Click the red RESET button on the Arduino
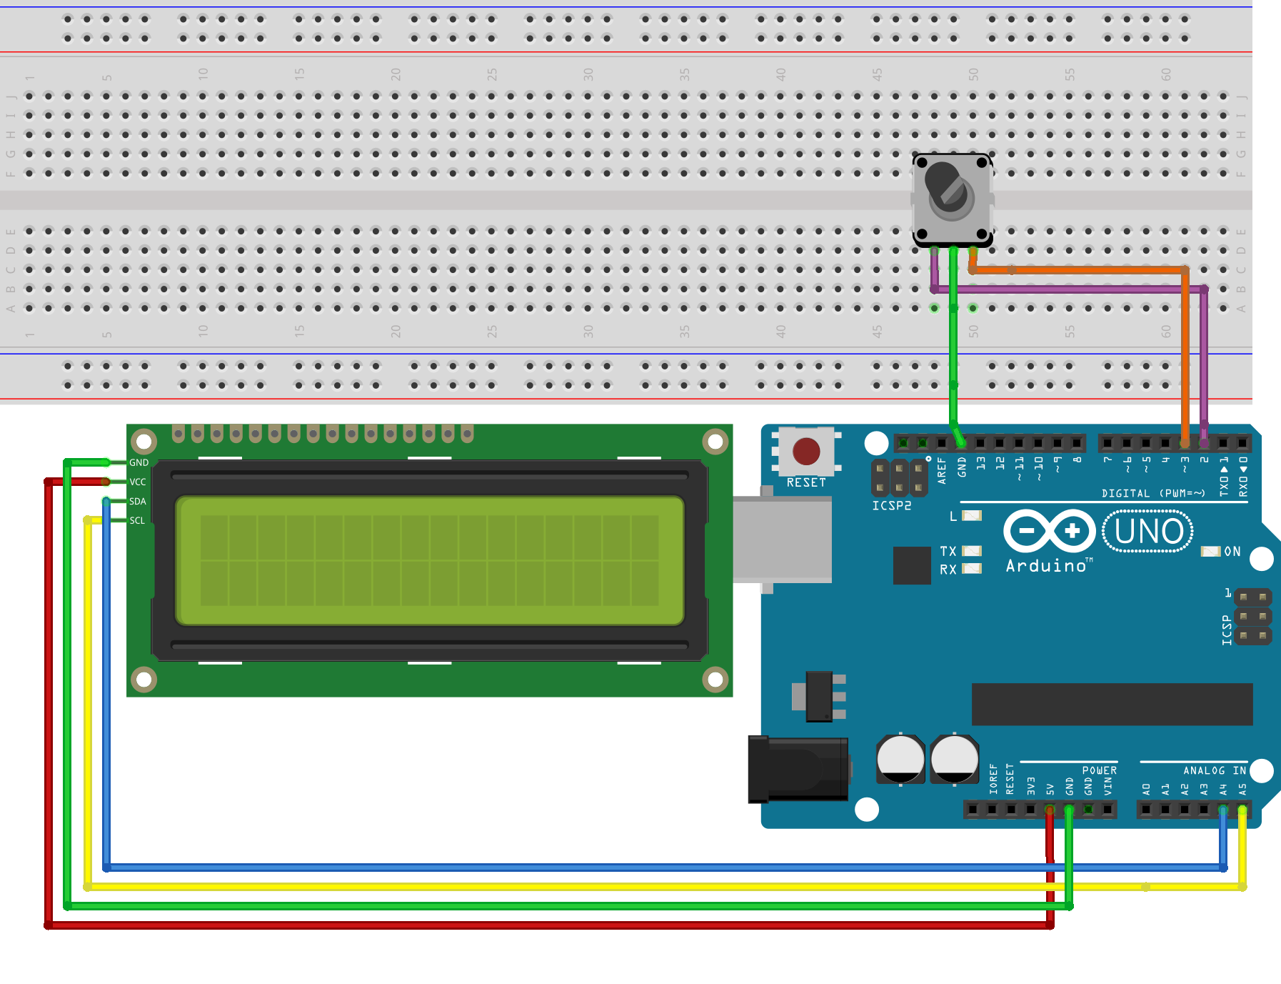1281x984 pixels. coord(806,452)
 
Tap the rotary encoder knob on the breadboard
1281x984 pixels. coord(950,193)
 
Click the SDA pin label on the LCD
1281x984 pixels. coord(138,501)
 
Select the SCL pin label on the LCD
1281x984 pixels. coord(137,520)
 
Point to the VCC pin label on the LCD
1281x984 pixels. coord(138,482)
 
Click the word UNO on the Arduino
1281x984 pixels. coord(1148,532)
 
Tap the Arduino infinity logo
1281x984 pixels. coord(1049,531)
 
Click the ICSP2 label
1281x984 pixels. coord(892,505)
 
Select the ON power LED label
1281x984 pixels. coord(1232,552)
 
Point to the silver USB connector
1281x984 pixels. coord(782,540)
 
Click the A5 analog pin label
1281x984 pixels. coord(1242,789)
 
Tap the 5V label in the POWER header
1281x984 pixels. coord(1050,789)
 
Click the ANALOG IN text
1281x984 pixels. coord(1214,770)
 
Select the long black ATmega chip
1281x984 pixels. coord(1112,704)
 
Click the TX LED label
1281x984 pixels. coord(948,551)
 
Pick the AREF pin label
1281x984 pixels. coord(942,471)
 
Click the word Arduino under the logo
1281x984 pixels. coord(1046,566)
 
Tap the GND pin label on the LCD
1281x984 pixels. coord(139,462)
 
